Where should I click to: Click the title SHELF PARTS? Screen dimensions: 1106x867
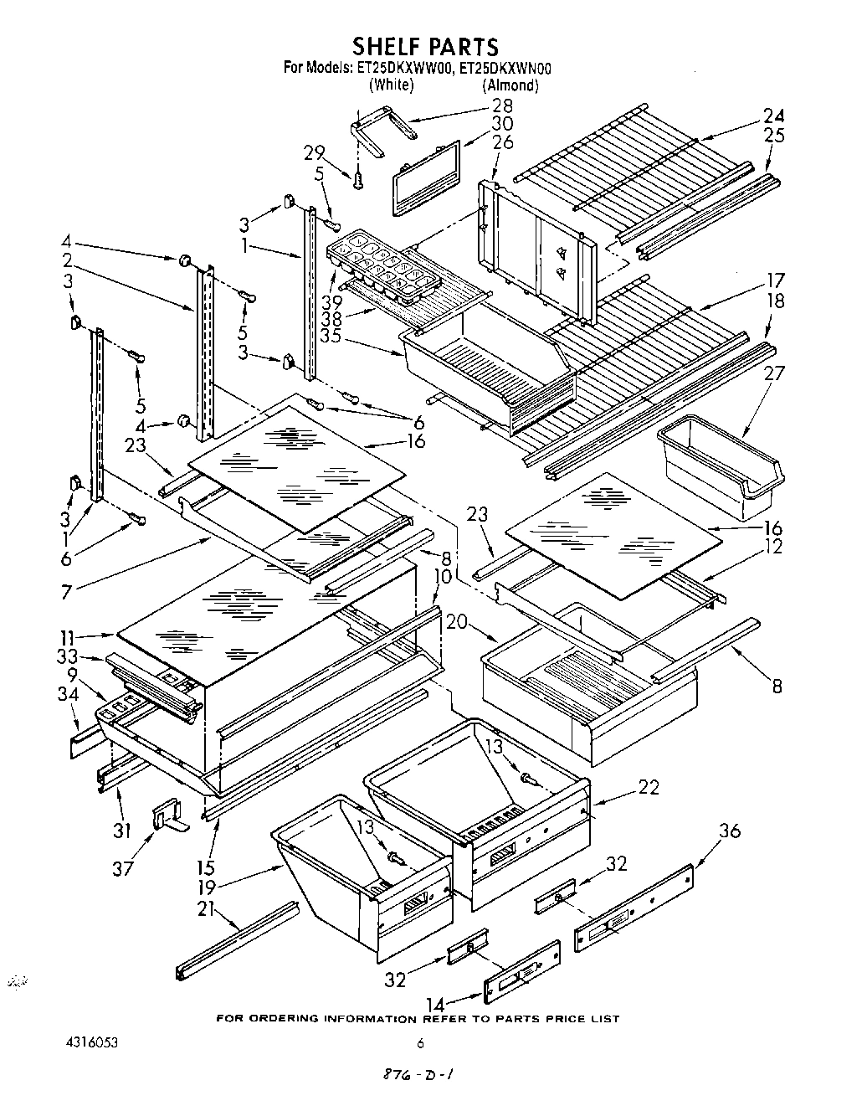tap(424, 45)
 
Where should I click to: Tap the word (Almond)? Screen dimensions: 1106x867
tap(510, 85)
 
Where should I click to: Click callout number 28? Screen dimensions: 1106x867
tap(502, 105)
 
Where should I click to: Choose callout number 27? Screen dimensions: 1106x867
tap(774, 373)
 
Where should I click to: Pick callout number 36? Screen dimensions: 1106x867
tap(730, 831)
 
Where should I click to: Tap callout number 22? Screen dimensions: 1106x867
tap(648, 787)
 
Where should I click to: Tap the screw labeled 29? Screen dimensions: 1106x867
tap(359, 178)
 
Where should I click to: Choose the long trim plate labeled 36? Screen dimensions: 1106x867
tap(634, 909)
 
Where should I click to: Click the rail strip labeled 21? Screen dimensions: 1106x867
tap(238, 939)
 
